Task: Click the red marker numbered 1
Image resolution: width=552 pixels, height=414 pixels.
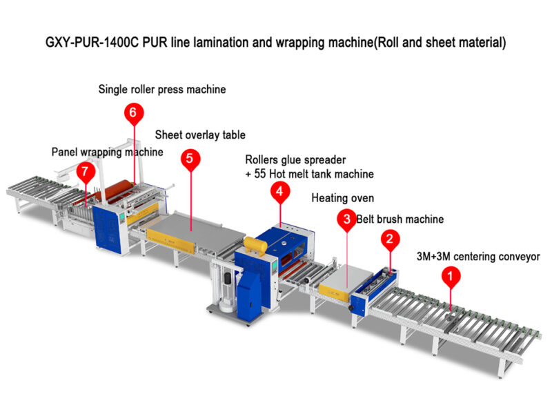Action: [x=451, y=277]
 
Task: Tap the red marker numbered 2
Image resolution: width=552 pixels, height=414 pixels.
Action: [x=390, y=239]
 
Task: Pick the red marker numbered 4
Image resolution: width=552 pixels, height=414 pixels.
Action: [x=279, y=193]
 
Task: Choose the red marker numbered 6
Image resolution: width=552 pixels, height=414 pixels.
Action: [x=135, y=112]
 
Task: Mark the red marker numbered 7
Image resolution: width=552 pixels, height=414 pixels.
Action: [x=86, y=172]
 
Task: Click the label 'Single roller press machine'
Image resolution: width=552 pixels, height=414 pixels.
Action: [x=162, y=89]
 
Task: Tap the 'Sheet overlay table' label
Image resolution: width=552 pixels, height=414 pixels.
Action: [x=200, y=135]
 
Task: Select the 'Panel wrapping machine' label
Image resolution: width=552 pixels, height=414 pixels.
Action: [x=108, y=152]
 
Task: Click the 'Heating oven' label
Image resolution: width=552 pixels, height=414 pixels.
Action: [x=343, y=198]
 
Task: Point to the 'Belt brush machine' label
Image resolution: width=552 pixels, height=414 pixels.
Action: [x=400, y=219]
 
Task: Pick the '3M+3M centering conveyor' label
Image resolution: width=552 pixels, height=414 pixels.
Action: [x=478, y=257]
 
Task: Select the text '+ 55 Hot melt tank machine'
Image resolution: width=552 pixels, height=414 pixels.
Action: [x=309, y=174]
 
